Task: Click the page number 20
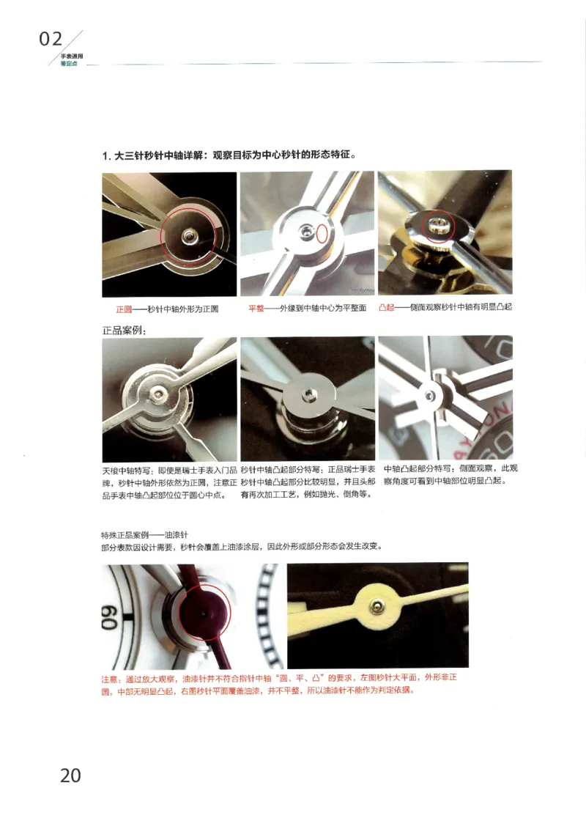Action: click(x=70, y=775)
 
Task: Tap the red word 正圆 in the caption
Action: click(x=124, y=309)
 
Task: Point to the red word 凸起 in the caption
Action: click(x=386, y=308)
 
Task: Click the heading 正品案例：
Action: click(x=124, y=331)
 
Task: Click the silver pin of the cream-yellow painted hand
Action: click(x=376, y=605)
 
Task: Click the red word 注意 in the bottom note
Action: click(x=109, y=679)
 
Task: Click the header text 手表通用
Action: click(x=71, y=56)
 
